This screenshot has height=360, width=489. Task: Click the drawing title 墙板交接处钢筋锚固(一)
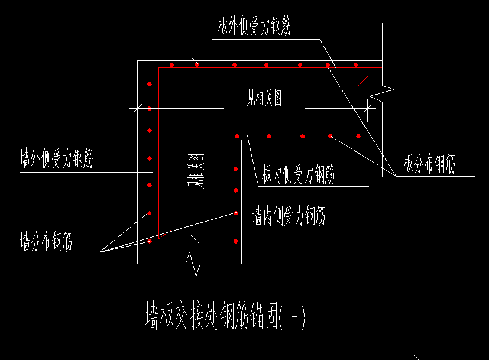[225, 317]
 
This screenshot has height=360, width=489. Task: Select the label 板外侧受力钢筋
[254, 27]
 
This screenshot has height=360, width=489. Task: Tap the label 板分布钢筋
[429, 164]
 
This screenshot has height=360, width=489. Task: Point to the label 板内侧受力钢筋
[299, 174]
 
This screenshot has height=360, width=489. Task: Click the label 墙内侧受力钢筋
[289, 215]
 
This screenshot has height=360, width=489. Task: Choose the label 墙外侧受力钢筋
[57, 160]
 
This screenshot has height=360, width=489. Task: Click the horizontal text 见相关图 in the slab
[264, 98]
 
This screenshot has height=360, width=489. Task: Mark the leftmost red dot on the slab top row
[171, 64]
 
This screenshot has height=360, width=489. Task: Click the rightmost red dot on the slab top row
[356, 64]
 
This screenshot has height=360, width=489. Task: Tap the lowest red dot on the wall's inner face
[235, 241]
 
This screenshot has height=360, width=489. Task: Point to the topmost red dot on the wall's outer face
[150, 85]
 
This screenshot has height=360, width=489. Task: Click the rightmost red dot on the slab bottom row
[358, 137]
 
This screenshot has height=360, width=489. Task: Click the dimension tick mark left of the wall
[137, 108]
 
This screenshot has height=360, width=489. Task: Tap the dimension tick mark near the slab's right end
[369, 108]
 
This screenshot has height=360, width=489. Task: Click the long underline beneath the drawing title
[255, 343]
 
